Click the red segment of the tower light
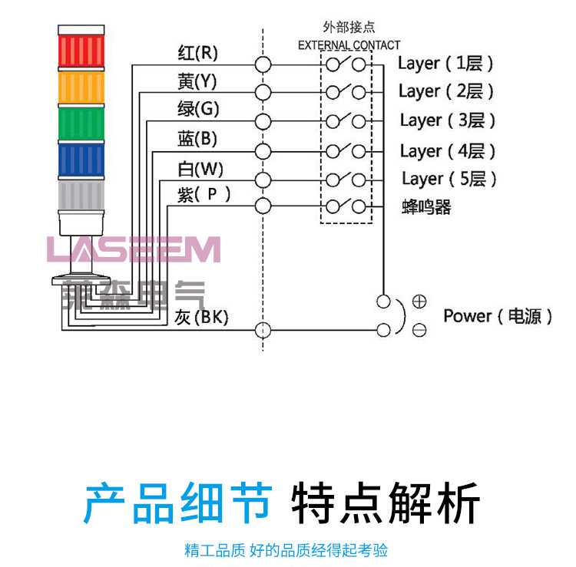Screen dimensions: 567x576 tap(81, 48)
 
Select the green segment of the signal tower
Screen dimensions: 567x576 tap(81, 123)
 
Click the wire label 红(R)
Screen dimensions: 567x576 tap(197, 53)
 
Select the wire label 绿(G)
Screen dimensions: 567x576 tap(197, 110)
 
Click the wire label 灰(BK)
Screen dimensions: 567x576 tap(201, 317)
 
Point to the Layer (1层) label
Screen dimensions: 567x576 tap(445, 63)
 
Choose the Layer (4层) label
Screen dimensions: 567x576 tap(448, 151)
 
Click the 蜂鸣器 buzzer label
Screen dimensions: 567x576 tap(426, 207)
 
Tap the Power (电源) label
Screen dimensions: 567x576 tap(498, 316)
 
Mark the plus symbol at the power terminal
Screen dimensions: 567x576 tap(419, 302)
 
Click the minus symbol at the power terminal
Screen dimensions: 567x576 tap(419, 331)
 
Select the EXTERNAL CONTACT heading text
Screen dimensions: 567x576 tap(349, 45)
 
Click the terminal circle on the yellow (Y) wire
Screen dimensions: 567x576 tap(263, 92)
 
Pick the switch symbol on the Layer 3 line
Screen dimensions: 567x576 tap(345, 121)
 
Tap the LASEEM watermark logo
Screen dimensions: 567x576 tap(133, 249)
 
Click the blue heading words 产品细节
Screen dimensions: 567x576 tap(177, 503)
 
